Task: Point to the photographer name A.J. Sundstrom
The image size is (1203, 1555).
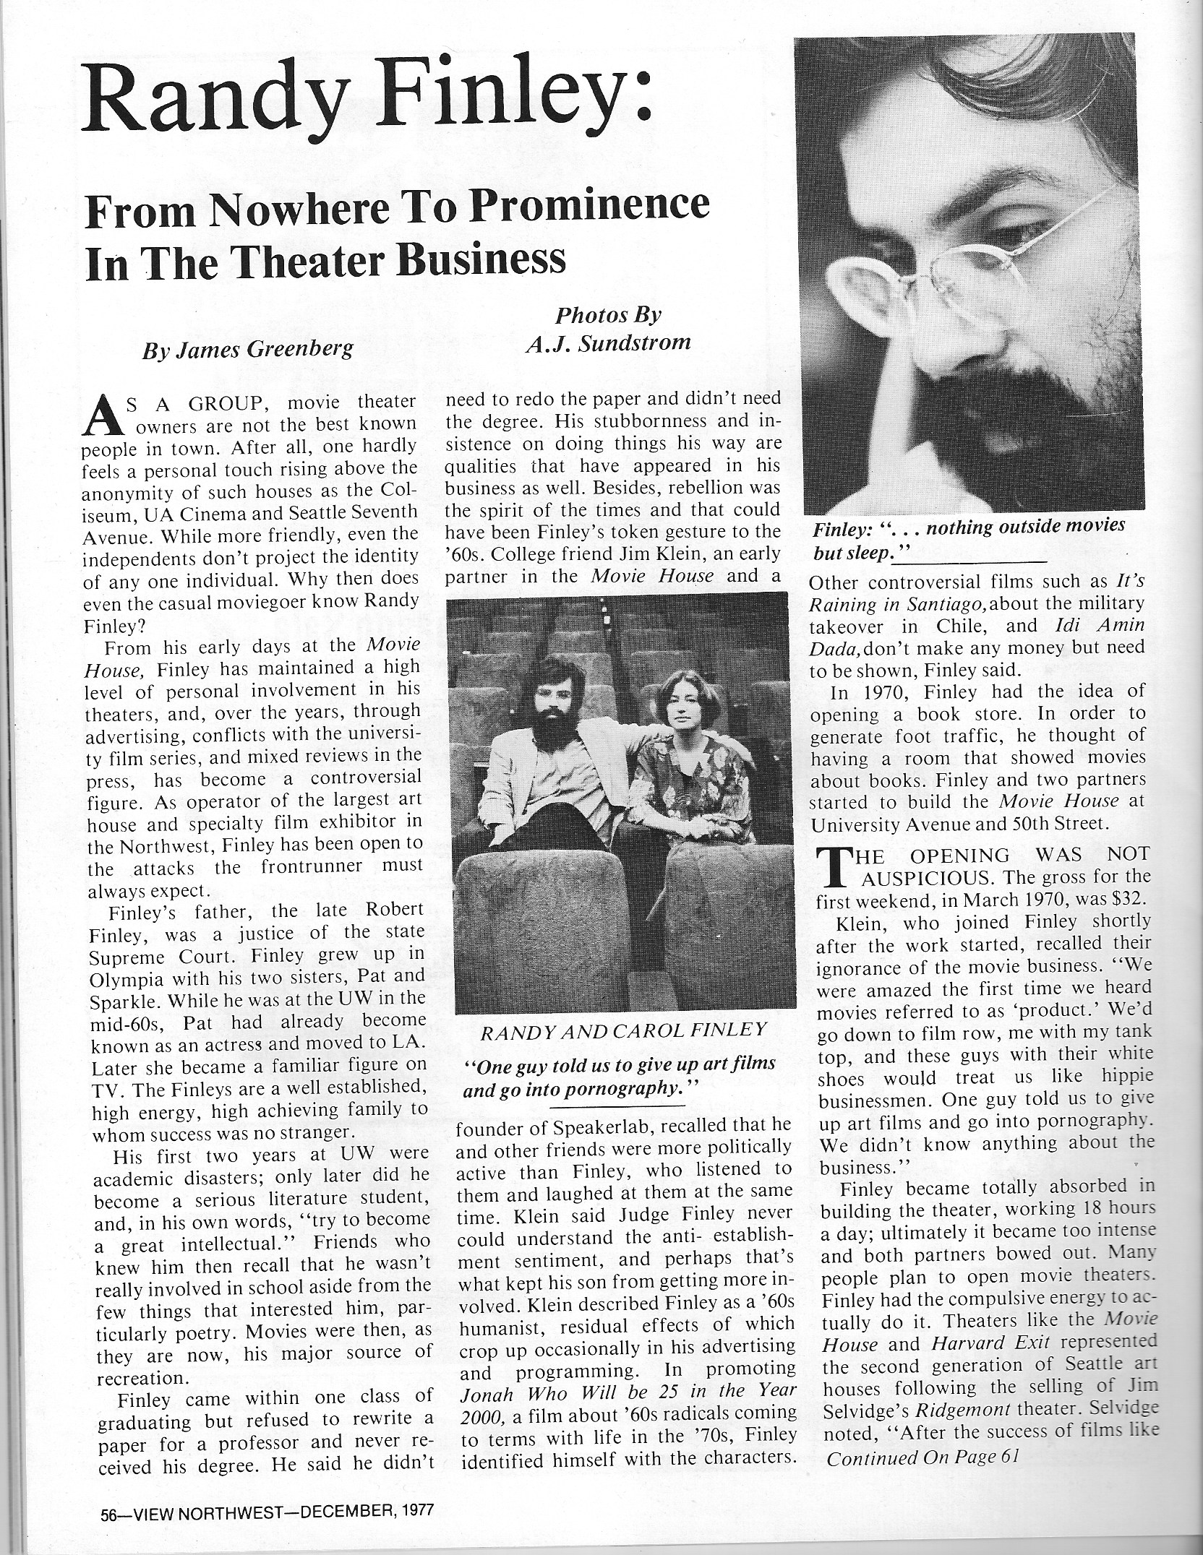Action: tap(608, 342)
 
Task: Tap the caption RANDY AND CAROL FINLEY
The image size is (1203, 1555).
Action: tap(624, 1030)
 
